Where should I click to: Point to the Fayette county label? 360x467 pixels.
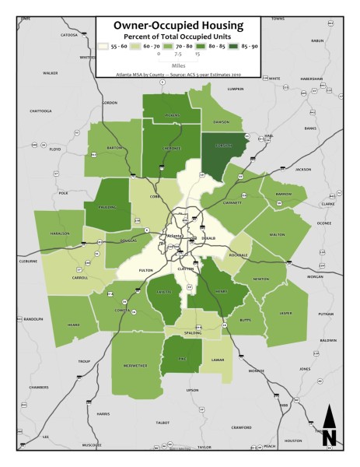[x=164, y=293]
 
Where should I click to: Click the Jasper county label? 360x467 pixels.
[x=285, y=314]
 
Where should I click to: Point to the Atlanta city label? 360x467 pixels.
[x=174, y=236]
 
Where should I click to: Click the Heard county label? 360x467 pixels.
[x=74, y=325]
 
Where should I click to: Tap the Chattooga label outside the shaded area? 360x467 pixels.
[x=40, y=111]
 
